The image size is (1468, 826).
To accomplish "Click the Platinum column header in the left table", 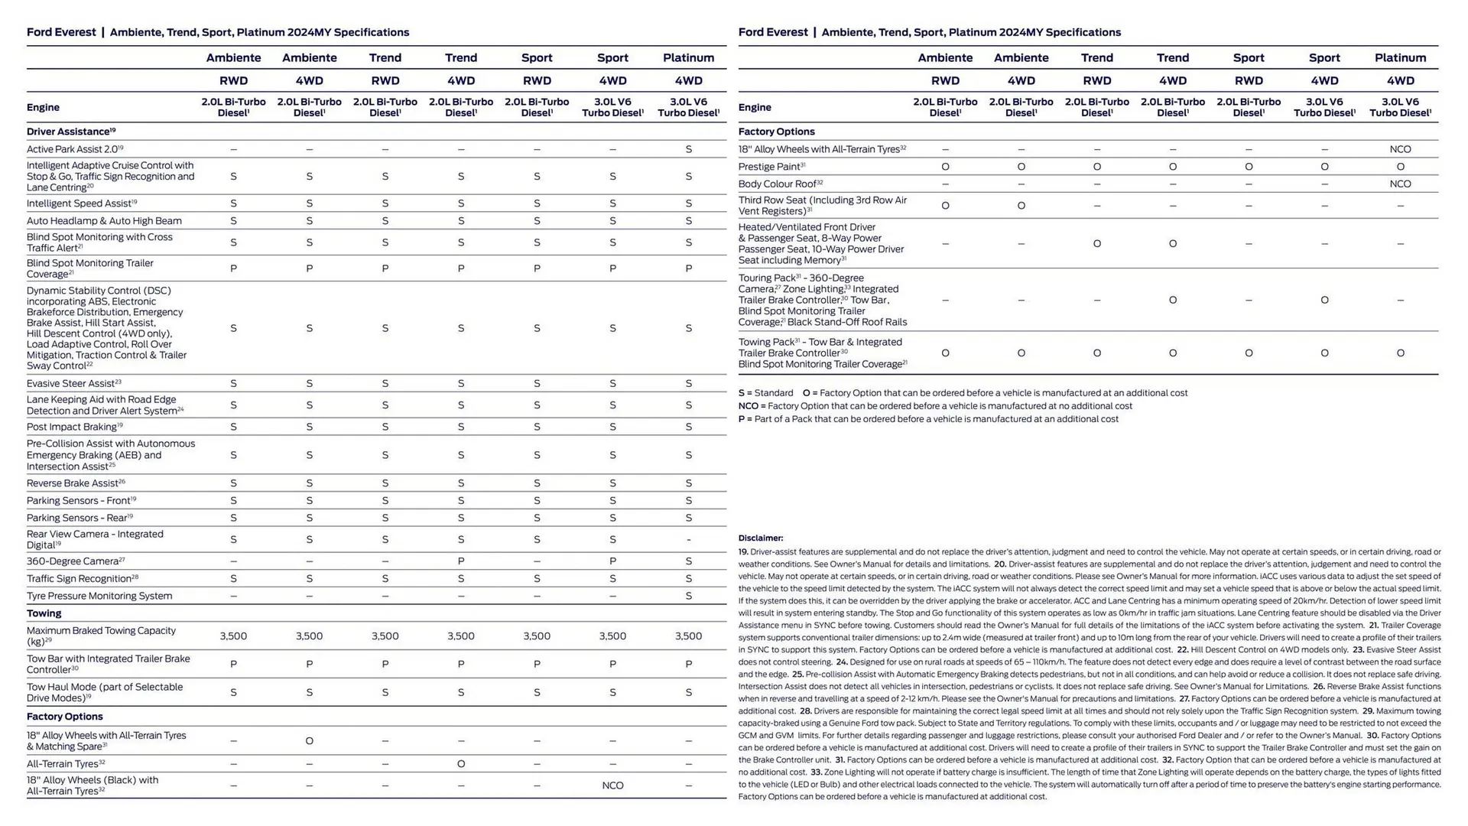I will (x=688, y=57).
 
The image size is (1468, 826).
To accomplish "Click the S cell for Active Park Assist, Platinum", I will (x=688, y=149).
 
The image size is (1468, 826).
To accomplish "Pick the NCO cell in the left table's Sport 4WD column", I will (x=612, y=785).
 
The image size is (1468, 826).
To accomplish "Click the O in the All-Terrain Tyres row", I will (x=461, y=764).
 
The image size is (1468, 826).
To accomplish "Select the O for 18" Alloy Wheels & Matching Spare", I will (x=309, y=741).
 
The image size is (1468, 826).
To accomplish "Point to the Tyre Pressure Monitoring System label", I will (x=99, y=596).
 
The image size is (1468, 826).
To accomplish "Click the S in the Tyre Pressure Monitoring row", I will (x=688, y=596).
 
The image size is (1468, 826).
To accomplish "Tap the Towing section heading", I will (x=44, y=613).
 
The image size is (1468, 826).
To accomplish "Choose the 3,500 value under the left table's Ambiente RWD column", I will (x=233, y=636).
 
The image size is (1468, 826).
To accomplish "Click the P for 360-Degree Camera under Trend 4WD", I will (x=461, y=561).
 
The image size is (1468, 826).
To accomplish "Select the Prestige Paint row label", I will (x=771, y=167).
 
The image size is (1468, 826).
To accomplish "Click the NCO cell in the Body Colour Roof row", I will (x=1400, y=184).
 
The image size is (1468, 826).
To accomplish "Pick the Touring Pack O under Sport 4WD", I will (x=1324, y=300).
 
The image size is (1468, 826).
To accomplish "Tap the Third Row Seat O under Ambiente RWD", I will (x=945, y=206).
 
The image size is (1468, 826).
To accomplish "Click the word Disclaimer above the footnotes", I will (x=760, y=538).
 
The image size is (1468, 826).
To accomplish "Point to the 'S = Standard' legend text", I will (x=765, y=393).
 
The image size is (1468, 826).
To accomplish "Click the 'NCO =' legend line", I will (x=934, y=406).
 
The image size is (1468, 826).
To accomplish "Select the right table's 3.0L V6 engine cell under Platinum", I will (x=1400, y=107).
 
